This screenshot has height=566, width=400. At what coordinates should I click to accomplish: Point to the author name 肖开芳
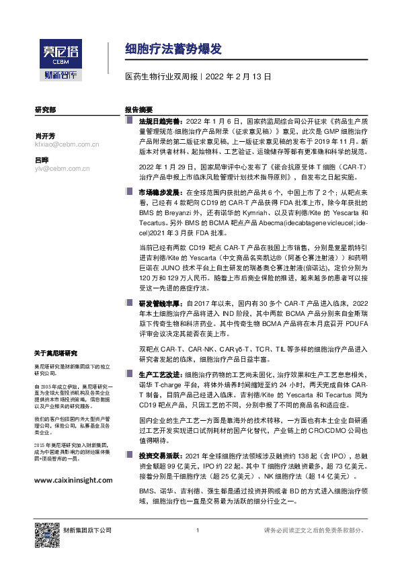[44, 135]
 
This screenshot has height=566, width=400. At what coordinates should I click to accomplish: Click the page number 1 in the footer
[196, 530]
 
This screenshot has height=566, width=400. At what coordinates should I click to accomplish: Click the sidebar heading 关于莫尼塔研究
[56, 353]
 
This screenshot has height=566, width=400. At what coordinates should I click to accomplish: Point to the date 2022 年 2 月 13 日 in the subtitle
[238, 77]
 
